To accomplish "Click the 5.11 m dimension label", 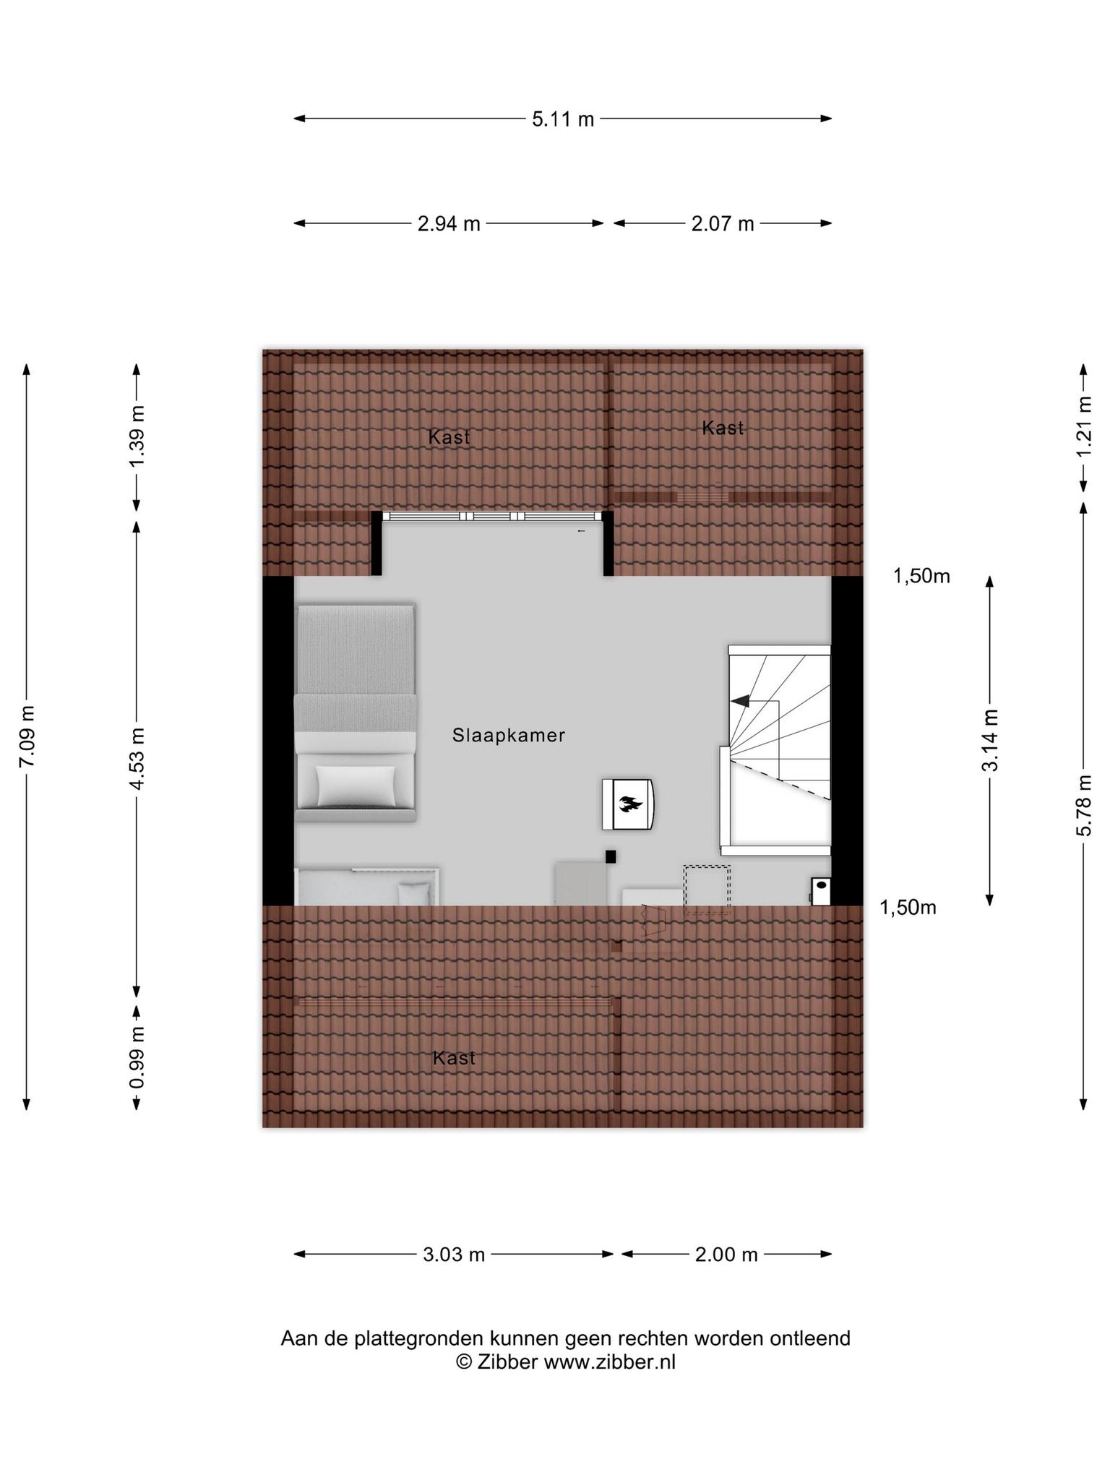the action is click(563, 119).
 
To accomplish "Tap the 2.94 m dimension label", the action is click(449, 224).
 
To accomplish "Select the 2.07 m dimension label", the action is click(723, 224).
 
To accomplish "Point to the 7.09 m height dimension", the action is click(27, 736).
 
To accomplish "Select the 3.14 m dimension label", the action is click(990, 740).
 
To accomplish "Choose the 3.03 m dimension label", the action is click(454, 1255).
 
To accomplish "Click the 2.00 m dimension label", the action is click(726, 1255).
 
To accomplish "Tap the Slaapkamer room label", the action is click(509, 736).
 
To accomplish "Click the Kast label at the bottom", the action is click(454, 1058).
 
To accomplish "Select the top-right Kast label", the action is click(723, 428).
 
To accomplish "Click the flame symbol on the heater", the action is click(630, 803).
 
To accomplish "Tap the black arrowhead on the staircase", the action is click(739, 700).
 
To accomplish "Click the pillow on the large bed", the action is click(356, 786).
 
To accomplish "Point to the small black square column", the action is click(611, 857).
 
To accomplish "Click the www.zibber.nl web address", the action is click(609, 1361).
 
